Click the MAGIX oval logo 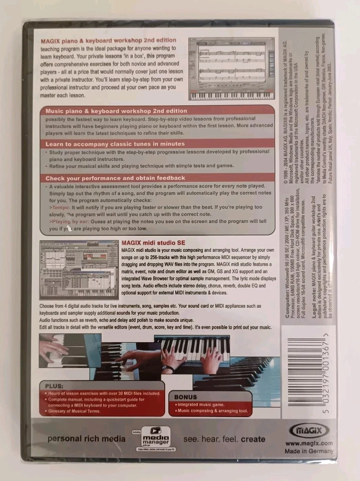308,429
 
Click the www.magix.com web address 309,443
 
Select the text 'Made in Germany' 309,451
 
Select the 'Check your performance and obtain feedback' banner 115,178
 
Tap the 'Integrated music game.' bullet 198,404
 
